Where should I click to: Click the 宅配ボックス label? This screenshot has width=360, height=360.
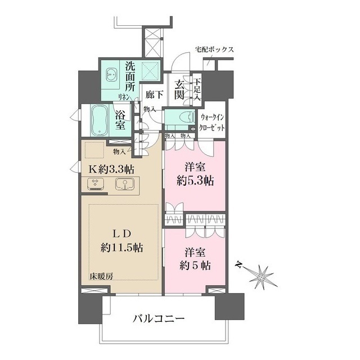click(214, 49)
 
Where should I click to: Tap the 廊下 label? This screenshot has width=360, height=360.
click(153, 94)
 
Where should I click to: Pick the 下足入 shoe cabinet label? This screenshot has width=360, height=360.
click(197, 88)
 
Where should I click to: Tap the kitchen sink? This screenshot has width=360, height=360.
click(124, 183)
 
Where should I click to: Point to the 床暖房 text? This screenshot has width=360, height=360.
click(101, 276)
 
